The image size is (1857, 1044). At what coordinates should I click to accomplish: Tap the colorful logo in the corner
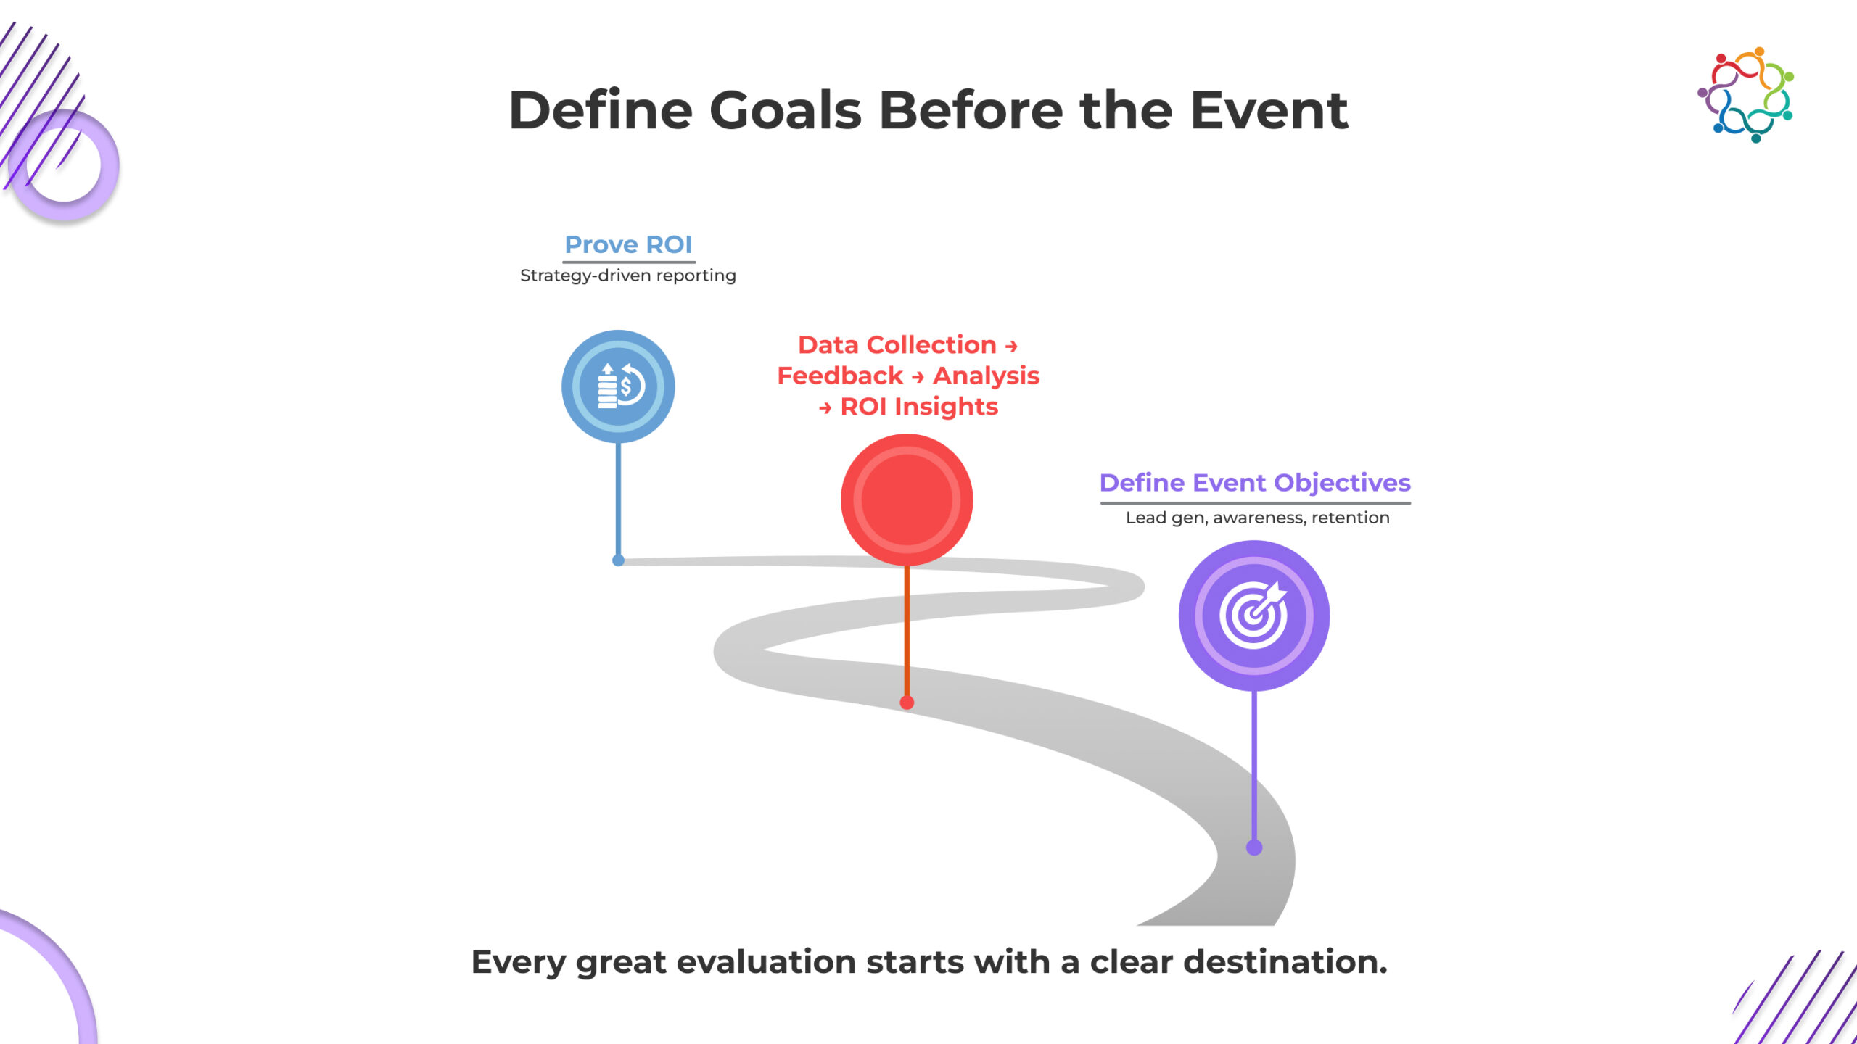(x=1746, y=95)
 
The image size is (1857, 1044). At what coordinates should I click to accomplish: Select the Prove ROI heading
(x=628, y=244)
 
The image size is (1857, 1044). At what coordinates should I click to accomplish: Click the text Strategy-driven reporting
(x=628, y=275)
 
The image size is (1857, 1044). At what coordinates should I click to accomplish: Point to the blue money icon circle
(x=618, y=386)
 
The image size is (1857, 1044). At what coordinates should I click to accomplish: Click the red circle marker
(x=907, y=500)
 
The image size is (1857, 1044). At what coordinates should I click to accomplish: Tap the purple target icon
(x=1254, y=616)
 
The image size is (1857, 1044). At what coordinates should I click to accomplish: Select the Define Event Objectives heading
(x=1255, y=483)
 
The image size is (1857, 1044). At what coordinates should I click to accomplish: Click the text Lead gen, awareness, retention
(x=1258, y=518)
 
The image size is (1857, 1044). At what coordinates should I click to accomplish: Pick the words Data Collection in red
(x=897, y=345)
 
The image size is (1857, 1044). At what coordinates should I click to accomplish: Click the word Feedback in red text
(x=840, y=376)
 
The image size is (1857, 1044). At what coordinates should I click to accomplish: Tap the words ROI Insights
(x=919, y=407)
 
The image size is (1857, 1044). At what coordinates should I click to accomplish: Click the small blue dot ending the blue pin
(x=618, y=560)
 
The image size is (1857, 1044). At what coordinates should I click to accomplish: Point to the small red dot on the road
(x=907, y=703)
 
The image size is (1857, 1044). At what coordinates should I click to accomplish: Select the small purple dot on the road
(x=1254, y=848)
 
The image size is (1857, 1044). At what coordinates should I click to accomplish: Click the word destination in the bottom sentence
(x=1285, y=962)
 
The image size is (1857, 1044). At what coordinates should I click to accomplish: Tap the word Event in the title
(x=1269, y=110)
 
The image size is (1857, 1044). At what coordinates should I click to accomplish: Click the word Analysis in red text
(x=986, y=376)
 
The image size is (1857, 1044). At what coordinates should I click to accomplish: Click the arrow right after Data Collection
(x=1011, y=347)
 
